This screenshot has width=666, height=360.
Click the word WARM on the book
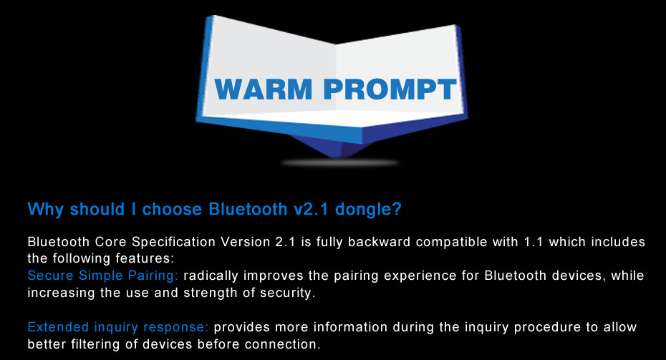(264, 89)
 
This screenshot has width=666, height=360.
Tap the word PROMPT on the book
(390, 89)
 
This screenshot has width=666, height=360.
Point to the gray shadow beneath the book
(339, 162)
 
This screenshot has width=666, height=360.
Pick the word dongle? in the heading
(368, 210)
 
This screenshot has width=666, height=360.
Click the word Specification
(174, 242)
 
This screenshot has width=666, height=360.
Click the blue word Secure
(51, 276)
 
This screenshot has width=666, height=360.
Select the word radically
(211, 276)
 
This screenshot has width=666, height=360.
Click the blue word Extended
(58, 327)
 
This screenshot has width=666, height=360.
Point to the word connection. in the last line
(282, 344)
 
